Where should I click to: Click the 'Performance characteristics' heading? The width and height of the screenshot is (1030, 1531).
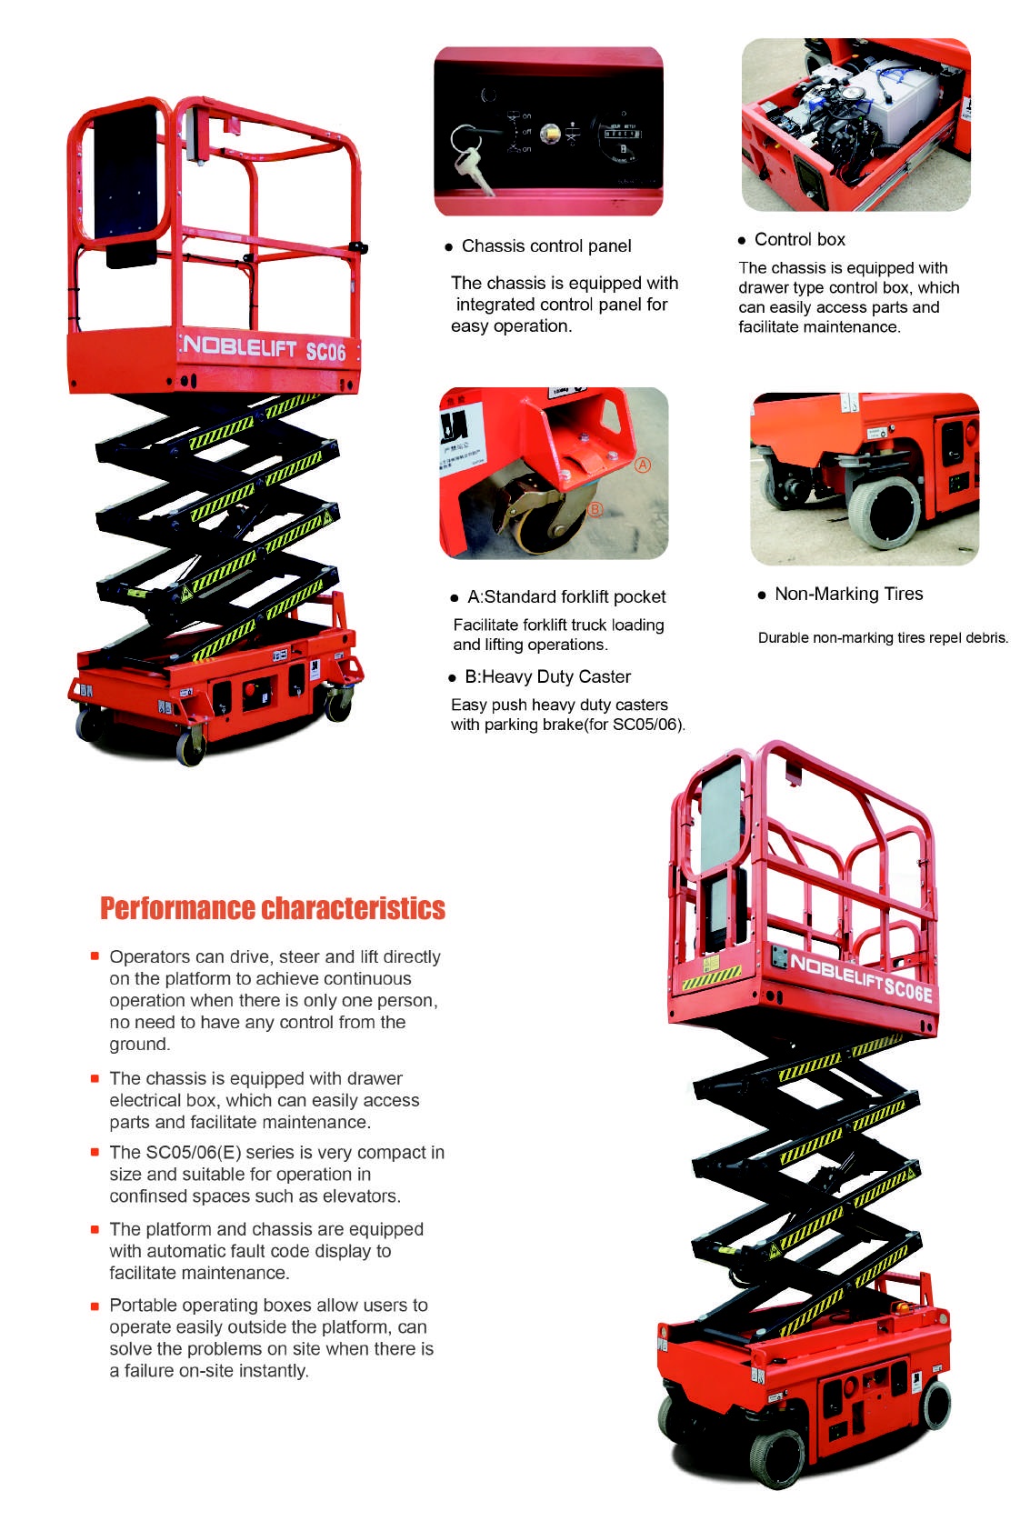273,908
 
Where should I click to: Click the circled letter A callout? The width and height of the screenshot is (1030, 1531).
643,465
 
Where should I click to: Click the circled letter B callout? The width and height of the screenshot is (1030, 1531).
595,509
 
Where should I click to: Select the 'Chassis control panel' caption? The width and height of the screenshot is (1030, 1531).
545,246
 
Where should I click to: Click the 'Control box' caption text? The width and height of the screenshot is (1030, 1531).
799,240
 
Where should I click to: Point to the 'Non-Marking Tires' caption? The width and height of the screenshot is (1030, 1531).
847,595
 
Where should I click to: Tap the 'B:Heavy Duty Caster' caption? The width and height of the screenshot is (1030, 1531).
546,677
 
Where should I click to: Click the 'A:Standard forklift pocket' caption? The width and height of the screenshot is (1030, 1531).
565,597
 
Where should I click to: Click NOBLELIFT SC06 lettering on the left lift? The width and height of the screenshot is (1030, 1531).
265,348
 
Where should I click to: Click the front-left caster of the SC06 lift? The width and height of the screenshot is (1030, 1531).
190,747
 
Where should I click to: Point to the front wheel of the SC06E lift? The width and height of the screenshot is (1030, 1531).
778,1456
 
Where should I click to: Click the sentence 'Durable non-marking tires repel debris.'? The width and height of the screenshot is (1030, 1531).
883,638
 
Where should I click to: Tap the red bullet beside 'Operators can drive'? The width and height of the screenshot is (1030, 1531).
95,956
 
